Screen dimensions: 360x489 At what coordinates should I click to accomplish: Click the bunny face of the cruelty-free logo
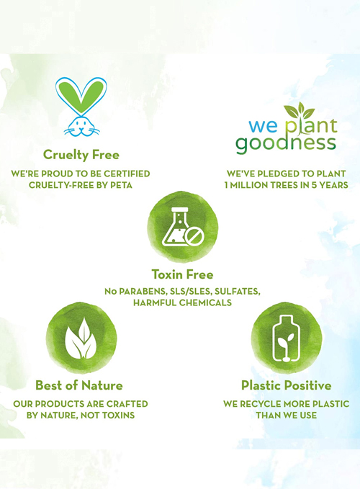click(81, 126)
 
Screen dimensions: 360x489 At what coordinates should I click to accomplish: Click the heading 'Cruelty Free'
click(81, 155)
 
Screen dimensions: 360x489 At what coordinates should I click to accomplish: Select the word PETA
click(121, 185)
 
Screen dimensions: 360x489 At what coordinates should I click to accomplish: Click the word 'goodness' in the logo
click(286, 144)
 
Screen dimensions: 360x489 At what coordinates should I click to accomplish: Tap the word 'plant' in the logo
click(311, 126)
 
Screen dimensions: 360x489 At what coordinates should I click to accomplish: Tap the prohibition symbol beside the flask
click(194, 236)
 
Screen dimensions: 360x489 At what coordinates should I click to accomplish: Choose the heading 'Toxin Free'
click(183, 274)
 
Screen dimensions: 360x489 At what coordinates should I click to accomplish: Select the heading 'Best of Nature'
click(79, 385)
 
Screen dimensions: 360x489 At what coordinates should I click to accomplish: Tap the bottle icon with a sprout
click(286, 338)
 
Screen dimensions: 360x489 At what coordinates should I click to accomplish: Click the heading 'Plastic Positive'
click(286, 385)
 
